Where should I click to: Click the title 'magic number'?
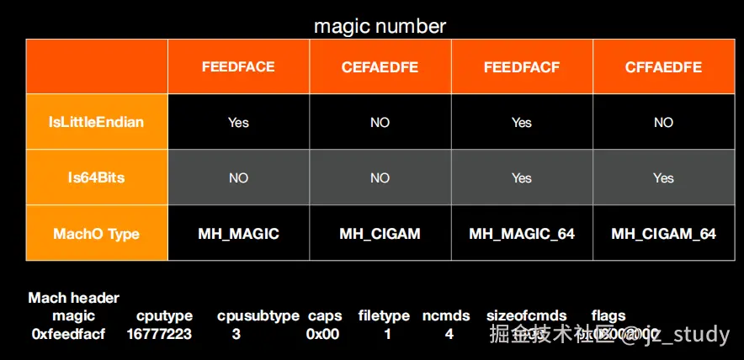(x=380, y=26)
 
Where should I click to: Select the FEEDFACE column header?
(x=238, y=67)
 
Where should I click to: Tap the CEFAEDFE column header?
(x=380, y=67)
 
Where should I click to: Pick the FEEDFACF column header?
(x=522, y=67)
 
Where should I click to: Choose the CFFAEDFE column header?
(x=663, y=67)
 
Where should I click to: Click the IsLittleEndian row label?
(x=97, y=122)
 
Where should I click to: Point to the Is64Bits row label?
(x=97, y=177)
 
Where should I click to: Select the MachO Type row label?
(x=97, y=233)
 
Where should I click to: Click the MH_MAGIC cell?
(x=238, y=233)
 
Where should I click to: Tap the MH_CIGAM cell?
(x=380, y=233)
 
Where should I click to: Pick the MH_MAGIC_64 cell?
(x=522, y=233)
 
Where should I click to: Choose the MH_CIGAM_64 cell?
(x=663, y=233)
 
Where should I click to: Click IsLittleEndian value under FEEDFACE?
(x=238, y=123)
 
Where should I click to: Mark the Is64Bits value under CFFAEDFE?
(x=663, y=178)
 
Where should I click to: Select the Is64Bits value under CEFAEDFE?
(x=380, y=178)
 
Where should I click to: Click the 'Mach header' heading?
(x=74, y=298)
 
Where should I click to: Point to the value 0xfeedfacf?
(x=68, y=334)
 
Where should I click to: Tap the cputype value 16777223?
(x=159, y=334)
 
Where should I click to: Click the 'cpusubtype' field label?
(x=258, y=316)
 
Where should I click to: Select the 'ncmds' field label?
(x=446, y=316)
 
